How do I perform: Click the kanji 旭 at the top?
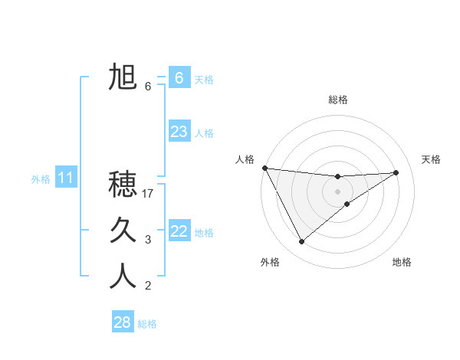123,78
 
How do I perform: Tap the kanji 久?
123,230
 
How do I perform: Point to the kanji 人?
123,276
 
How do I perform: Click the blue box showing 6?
179,77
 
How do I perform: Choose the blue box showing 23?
179,132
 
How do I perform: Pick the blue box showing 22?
179,231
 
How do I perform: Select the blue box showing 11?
65,178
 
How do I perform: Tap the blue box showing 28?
122,322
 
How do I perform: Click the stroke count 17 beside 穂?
149,194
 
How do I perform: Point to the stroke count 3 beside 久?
148,240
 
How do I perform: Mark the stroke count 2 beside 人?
148,286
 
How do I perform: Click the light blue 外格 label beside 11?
41,179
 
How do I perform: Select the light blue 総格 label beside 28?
147,324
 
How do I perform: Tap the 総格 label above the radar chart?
338,100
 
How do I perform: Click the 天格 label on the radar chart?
432,159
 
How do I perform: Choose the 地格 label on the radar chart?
402,262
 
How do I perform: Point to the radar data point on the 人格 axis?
264,168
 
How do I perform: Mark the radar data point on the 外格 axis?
301,242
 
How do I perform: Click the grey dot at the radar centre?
338,191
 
